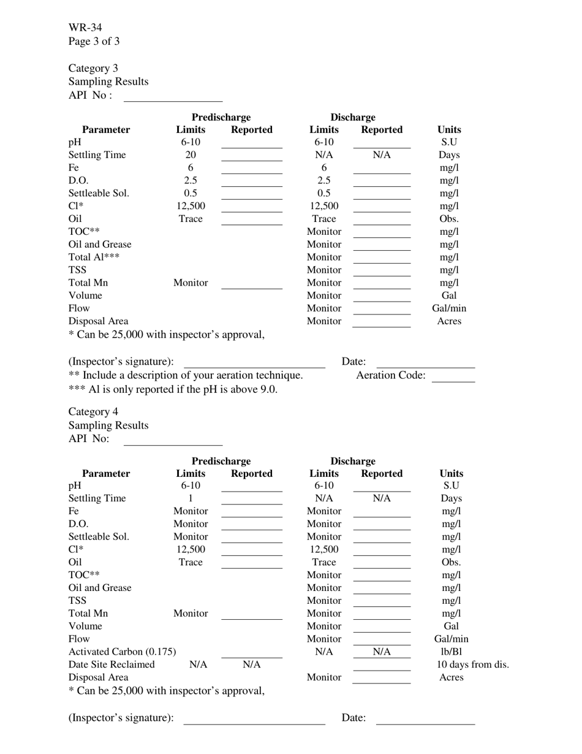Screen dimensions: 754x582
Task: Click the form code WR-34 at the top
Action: [85, 28]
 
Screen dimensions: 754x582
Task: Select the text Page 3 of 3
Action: [94, 42]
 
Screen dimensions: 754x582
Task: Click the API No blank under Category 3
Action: [173, 97]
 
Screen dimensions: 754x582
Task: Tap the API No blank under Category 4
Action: [173, 440]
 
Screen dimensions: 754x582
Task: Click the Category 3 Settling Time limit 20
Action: [191, 155]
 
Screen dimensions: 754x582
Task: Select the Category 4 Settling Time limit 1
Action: [191, 498]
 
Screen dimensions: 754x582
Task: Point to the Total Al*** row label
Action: [94, 257]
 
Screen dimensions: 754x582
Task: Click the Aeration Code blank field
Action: [453, 377]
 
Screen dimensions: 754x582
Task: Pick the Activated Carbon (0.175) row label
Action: [122, 652]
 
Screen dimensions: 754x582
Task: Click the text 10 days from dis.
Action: [472, 665]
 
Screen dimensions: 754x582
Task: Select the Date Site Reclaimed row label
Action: [111, 665]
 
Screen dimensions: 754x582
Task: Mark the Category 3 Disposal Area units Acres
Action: [449, 321]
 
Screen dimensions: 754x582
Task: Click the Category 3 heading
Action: [93, 68]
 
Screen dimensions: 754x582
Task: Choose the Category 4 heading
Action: [93, 412]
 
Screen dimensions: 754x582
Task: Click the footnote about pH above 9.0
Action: [173, 389]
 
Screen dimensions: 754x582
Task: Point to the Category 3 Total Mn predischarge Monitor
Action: [191, 283]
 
